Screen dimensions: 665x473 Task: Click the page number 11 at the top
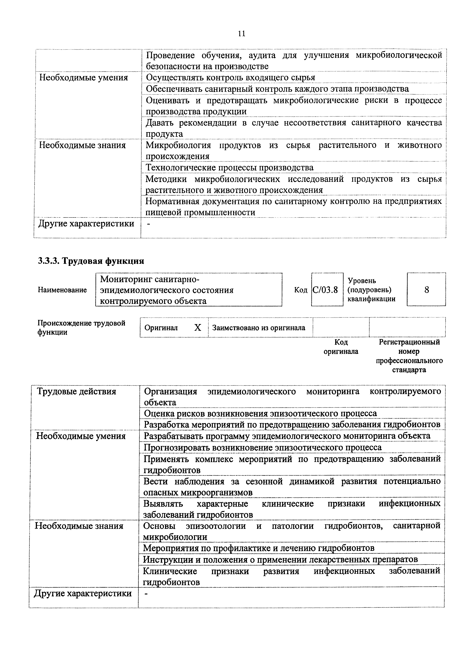[x=241, y=34]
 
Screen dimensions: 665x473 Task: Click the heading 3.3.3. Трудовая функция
[x=91, y=261]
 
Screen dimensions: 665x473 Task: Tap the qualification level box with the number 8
[x=426, y=290]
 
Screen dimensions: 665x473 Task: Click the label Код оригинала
[x=341, y=346]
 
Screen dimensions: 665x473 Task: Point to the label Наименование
[x=62, y=290]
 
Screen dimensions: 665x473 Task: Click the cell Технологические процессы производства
[x=229, y=168]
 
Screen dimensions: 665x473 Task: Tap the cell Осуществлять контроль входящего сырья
[x=230, y=78]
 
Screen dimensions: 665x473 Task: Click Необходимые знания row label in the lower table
[x=79, y=526]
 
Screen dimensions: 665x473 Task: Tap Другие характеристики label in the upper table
[x=86, y=224]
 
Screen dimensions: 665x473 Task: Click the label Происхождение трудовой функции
[x=81, y=327]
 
